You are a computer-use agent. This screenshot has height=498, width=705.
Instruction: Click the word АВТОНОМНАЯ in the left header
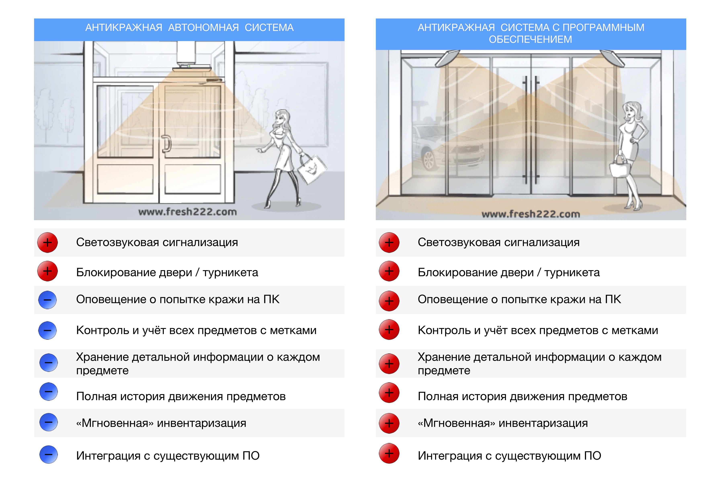tap(203, 28)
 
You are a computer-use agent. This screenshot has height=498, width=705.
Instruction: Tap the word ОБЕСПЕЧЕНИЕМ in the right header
tap(530, 40)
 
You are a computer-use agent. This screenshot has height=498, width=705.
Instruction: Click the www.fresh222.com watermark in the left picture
tap(188, 212)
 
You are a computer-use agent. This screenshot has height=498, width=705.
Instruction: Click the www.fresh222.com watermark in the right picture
tap(531, 214)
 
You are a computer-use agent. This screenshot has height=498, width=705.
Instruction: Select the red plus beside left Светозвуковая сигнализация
tap(47, 243)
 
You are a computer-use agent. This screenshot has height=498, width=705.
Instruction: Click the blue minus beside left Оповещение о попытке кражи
tap(47, 300)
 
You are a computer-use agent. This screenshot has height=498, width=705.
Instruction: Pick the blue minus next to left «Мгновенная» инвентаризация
tap(48, 422)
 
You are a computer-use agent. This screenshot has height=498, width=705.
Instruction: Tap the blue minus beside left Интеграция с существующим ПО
tap(48, 454)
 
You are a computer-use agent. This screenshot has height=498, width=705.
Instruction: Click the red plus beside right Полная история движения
tap(389, 393)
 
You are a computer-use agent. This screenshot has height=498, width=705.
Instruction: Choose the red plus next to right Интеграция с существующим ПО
tap(389, 453)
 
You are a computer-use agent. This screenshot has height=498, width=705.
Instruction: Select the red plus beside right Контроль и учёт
tap(389, 330)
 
